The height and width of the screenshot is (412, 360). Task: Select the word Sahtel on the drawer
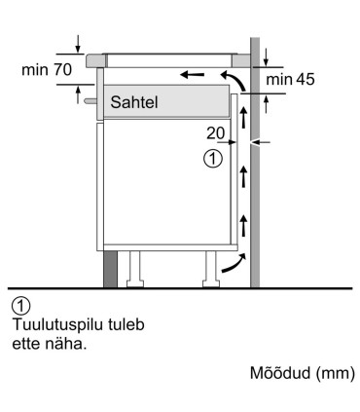[134, 100]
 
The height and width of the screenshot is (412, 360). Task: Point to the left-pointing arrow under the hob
[193, 73]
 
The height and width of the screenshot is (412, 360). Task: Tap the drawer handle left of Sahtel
[90, 98]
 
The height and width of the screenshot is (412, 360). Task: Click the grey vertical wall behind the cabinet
[256, 195]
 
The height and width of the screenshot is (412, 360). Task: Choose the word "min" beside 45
[278, 79]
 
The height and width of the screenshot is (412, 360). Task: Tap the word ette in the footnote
[26, 342]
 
